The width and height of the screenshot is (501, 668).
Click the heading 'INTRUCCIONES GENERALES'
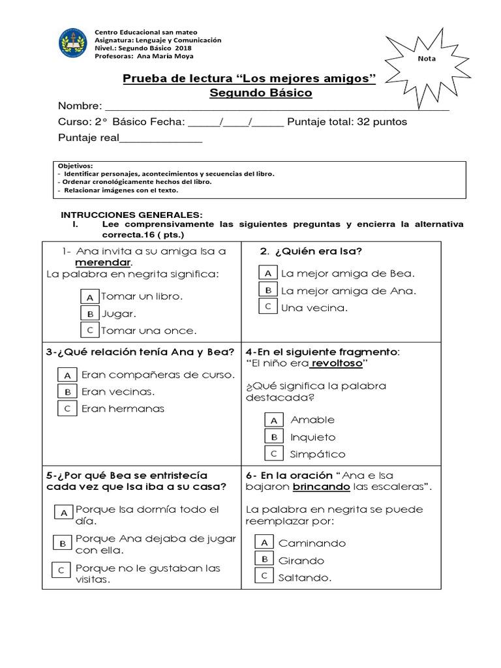point(132,215)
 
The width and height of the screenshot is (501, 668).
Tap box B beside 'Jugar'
point(90,313)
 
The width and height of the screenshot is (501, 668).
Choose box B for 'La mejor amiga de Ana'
point(268,290)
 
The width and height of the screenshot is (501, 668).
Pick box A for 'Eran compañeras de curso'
point(67,375)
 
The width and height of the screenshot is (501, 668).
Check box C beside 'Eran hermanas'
point(67,409)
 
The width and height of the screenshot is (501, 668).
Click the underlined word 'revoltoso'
point(335,363)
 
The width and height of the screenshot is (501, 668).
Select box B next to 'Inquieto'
point(275,437)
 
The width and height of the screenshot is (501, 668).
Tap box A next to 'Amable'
point(275,420)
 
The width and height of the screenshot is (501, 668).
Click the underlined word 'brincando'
point(322,487)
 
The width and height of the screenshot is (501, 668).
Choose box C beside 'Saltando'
point(264,576)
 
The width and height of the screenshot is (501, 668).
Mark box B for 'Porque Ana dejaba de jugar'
point(62,543)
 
